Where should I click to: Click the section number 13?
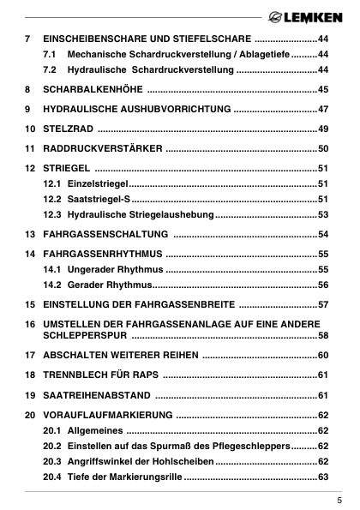tap(30, 234)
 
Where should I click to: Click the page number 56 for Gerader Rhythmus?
tap(323, 285)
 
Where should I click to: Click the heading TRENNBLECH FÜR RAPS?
tap(100, 375)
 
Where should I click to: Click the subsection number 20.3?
tap(51, 461)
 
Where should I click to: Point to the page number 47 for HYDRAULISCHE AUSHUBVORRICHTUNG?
tap(323, 110)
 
